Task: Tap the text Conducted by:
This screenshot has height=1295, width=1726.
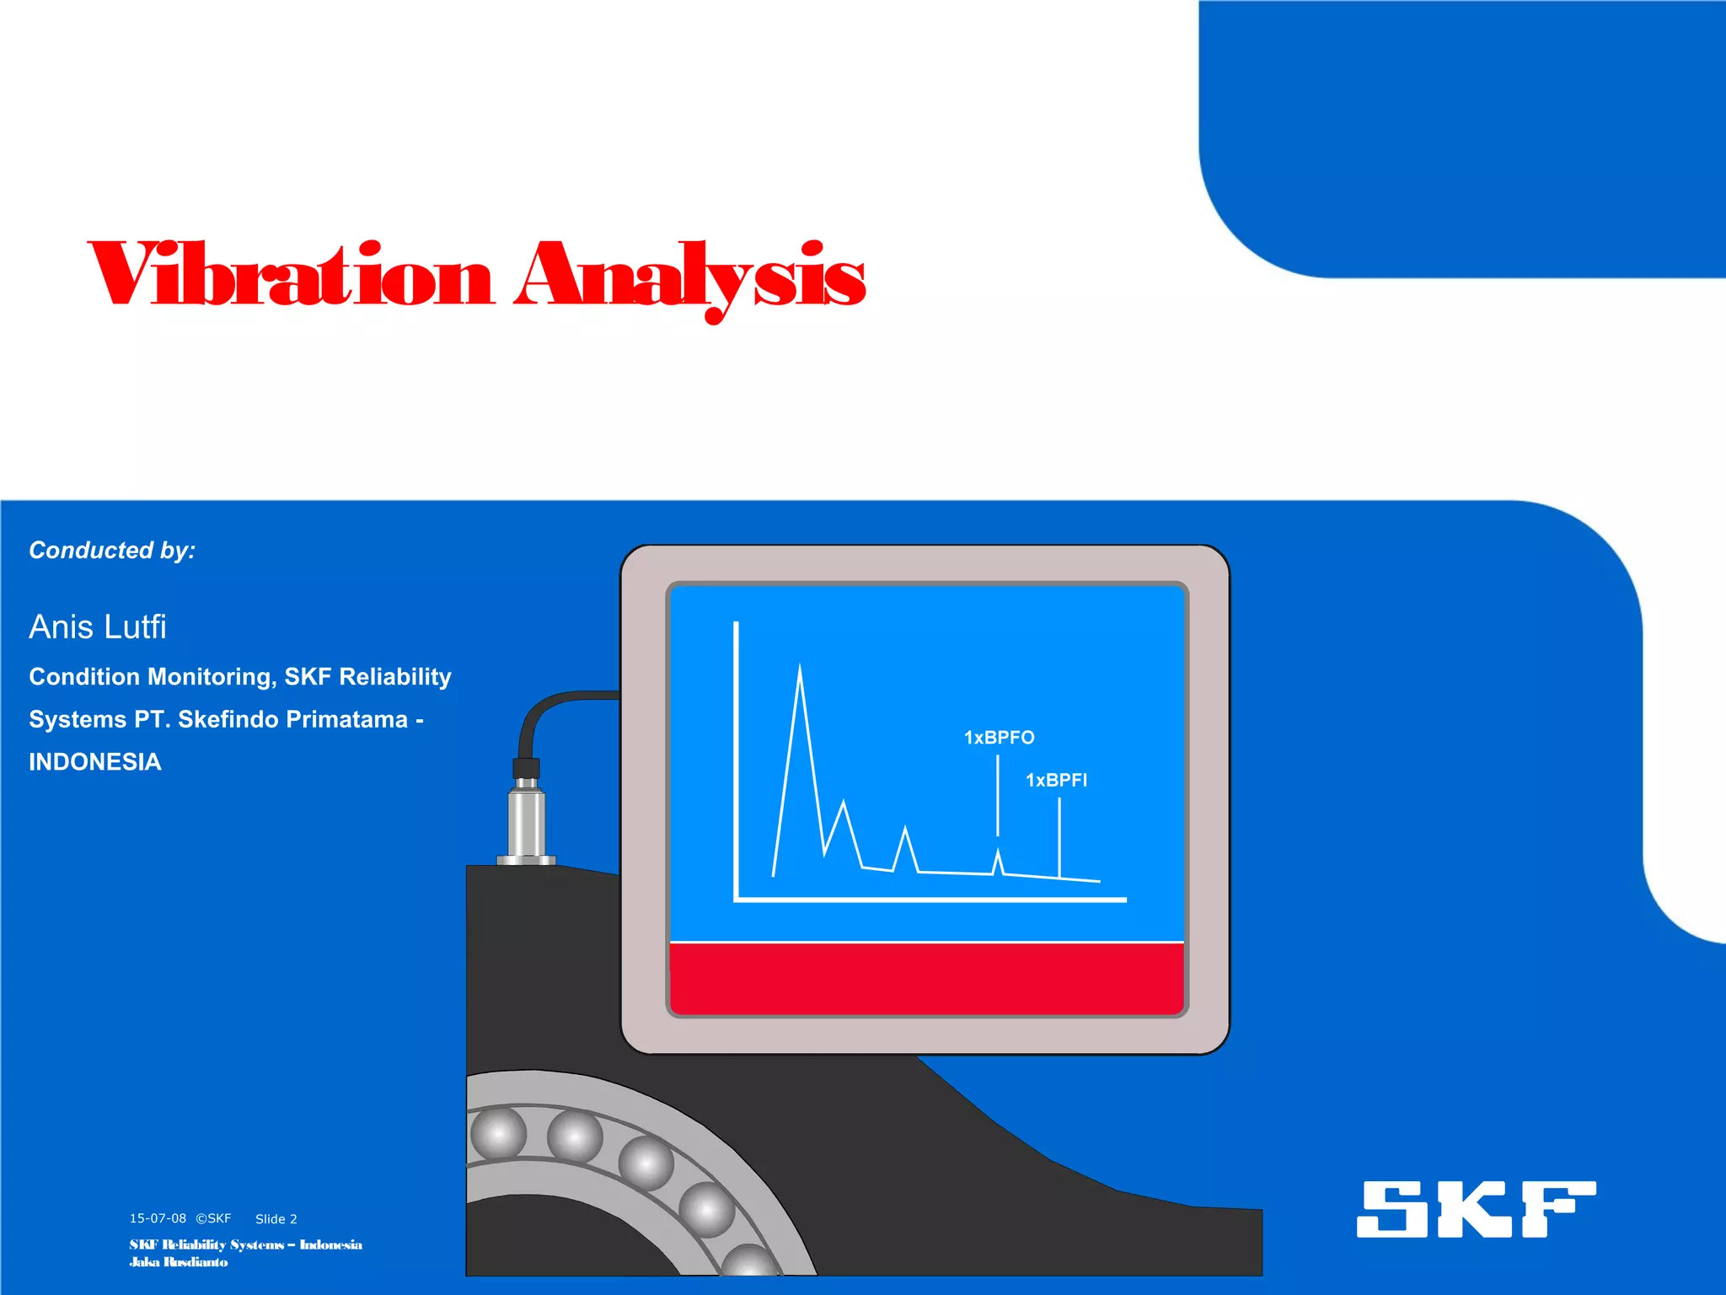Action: pos(112,551)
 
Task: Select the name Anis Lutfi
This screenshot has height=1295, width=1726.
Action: pos(98,627)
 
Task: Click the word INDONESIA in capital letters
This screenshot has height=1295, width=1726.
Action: pos(95,762)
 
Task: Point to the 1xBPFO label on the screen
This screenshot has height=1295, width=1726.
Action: pos(999,738)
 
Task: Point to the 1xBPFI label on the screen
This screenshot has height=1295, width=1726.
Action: pos(1056,781)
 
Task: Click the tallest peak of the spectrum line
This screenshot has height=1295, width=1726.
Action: pos(800,669)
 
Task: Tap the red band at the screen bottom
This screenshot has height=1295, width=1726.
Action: pos(926,978)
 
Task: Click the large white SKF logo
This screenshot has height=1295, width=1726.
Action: pos(1476,1209)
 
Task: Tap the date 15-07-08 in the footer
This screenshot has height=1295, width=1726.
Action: pos(158,1218)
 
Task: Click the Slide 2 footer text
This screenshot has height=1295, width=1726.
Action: pos(276,1219)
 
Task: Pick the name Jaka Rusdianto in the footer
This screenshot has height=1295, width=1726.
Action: pos(179,1262)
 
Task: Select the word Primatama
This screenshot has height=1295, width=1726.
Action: pos(348,719)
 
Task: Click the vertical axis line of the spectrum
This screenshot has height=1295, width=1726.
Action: pos(737,759)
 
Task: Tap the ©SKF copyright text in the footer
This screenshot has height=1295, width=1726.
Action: pos(213,1218)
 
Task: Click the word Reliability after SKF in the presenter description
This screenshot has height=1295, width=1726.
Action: pos(395,677)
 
